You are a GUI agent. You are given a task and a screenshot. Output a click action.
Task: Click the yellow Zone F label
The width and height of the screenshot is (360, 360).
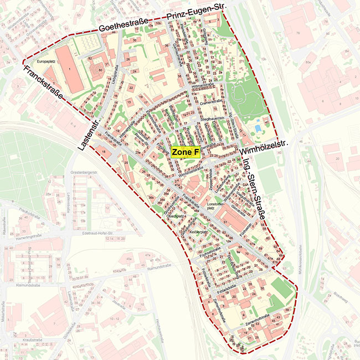pos(186,152)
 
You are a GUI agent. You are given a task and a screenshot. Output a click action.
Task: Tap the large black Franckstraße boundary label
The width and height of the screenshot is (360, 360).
pos(42,83)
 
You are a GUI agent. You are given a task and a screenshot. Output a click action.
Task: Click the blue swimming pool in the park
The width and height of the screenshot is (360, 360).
pos(258,128)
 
